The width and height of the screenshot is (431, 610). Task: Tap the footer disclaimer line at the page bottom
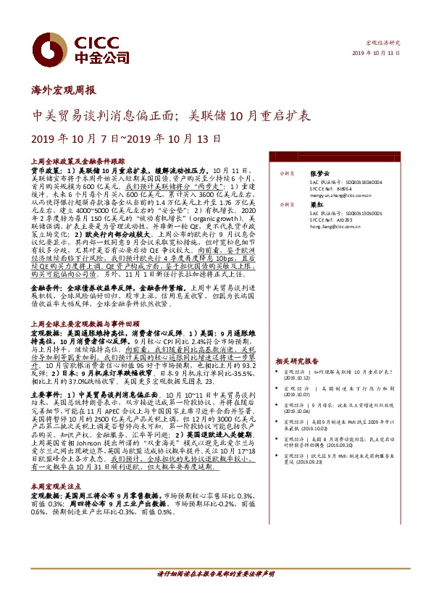pyautogui.click(x=215, y=594)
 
